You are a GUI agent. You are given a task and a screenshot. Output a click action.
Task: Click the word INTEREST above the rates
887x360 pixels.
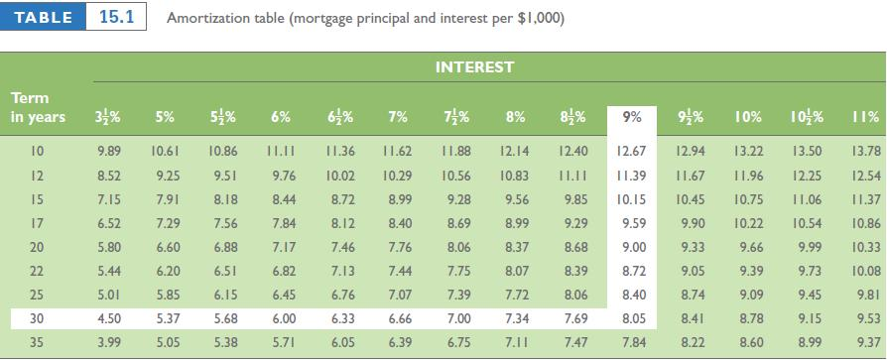[x=474, y=67]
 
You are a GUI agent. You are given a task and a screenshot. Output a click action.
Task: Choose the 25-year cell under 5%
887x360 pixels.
[x=167, y=295]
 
